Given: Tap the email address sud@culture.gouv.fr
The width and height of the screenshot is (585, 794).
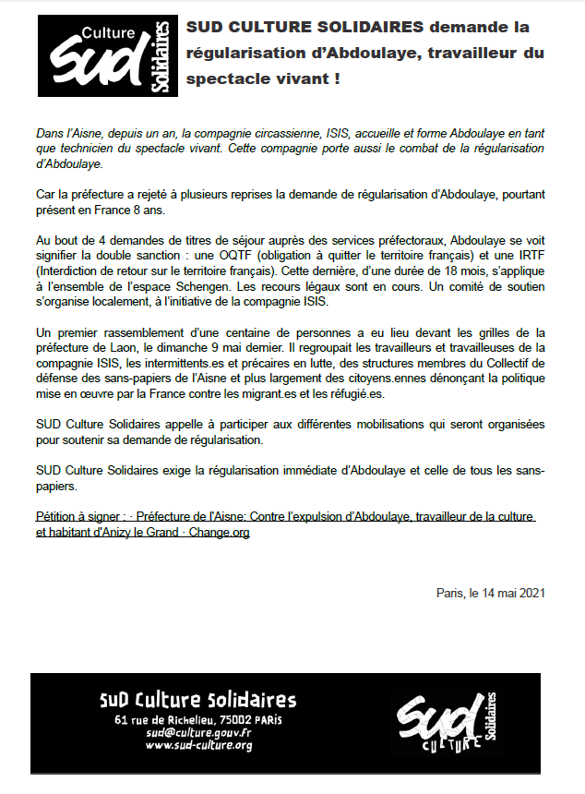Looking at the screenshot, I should (198, 732).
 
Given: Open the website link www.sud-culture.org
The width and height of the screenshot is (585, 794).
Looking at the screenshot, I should (198, 745).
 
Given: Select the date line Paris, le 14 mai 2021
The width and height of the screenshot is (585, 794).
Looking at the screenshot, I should (491, 593).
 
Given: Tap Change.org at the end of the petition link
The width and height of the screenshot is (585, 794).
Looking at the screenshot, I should (220, 533).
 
